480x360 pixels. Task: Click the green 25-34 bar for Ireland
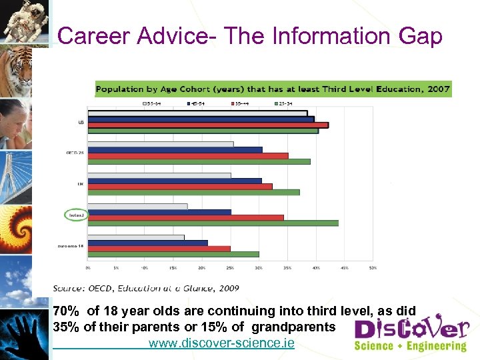[x=213, y=223]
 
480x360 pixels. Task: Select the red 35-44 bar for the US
[x=208, y=125]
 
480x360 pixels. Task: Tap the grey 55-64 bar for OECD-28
[x=161, y=144]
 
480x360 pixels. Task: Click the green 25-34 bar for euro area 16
[x=173, y=254]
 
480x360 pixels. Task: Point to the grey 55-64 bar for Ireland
[x=137, y=207]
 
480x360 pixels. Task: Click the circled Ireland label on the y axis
[x=75, y=215]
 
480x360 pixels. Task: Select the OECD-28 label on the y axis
[x=75, y=153]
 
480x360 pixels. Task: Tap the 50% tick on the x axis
[x=373, y=267]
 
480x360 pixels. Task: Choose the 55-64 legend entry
[x=153, y=103]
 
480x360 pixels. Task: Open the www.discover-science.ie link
[x=221, y=344]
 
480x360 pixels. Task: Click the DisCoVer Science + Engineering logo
[x=410, y=333]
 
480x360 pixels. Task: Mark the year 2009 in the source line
[x=226, y=288]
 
